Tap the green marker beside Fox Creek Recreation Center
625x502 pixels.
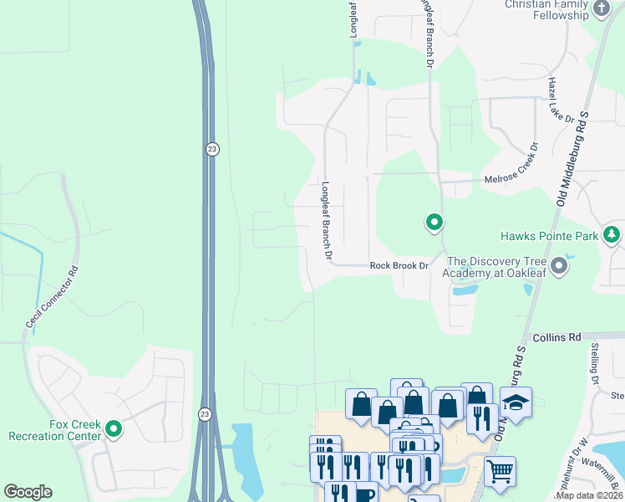pos(114,429)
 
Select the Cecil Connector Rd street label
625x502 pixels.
pos(52,295)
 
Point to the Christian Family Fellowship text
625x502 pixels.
pos(546,9)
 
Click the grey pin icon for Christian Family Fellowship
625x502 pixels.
pos(602,9)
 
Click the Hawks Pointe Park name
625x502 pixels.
pos(549,237)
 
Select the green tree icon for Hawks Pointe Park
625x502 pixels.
pos(612,234)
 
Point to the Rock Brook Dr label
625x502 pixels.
pos(399,266)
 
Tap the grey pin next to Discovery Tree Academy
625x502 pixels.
pos(559,267)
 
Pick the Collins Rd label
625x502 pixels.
pos(563,336)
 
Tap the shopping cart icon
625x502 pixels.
pos(499,470)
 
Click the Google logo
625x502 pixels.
pos(28,492)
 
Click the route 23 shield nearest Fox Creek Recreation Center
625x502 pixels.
pos(206,414)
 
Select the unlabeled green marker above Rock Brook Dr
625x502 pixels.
pos(434,223)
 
